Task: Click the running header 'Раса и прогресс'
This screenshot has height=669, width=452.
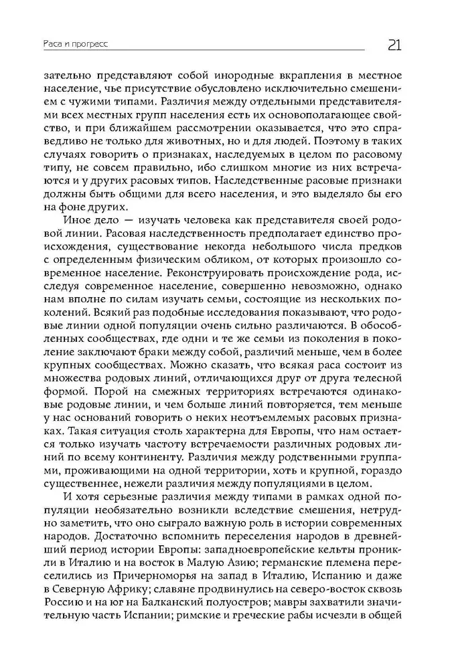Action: click(x=80, y=44)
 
